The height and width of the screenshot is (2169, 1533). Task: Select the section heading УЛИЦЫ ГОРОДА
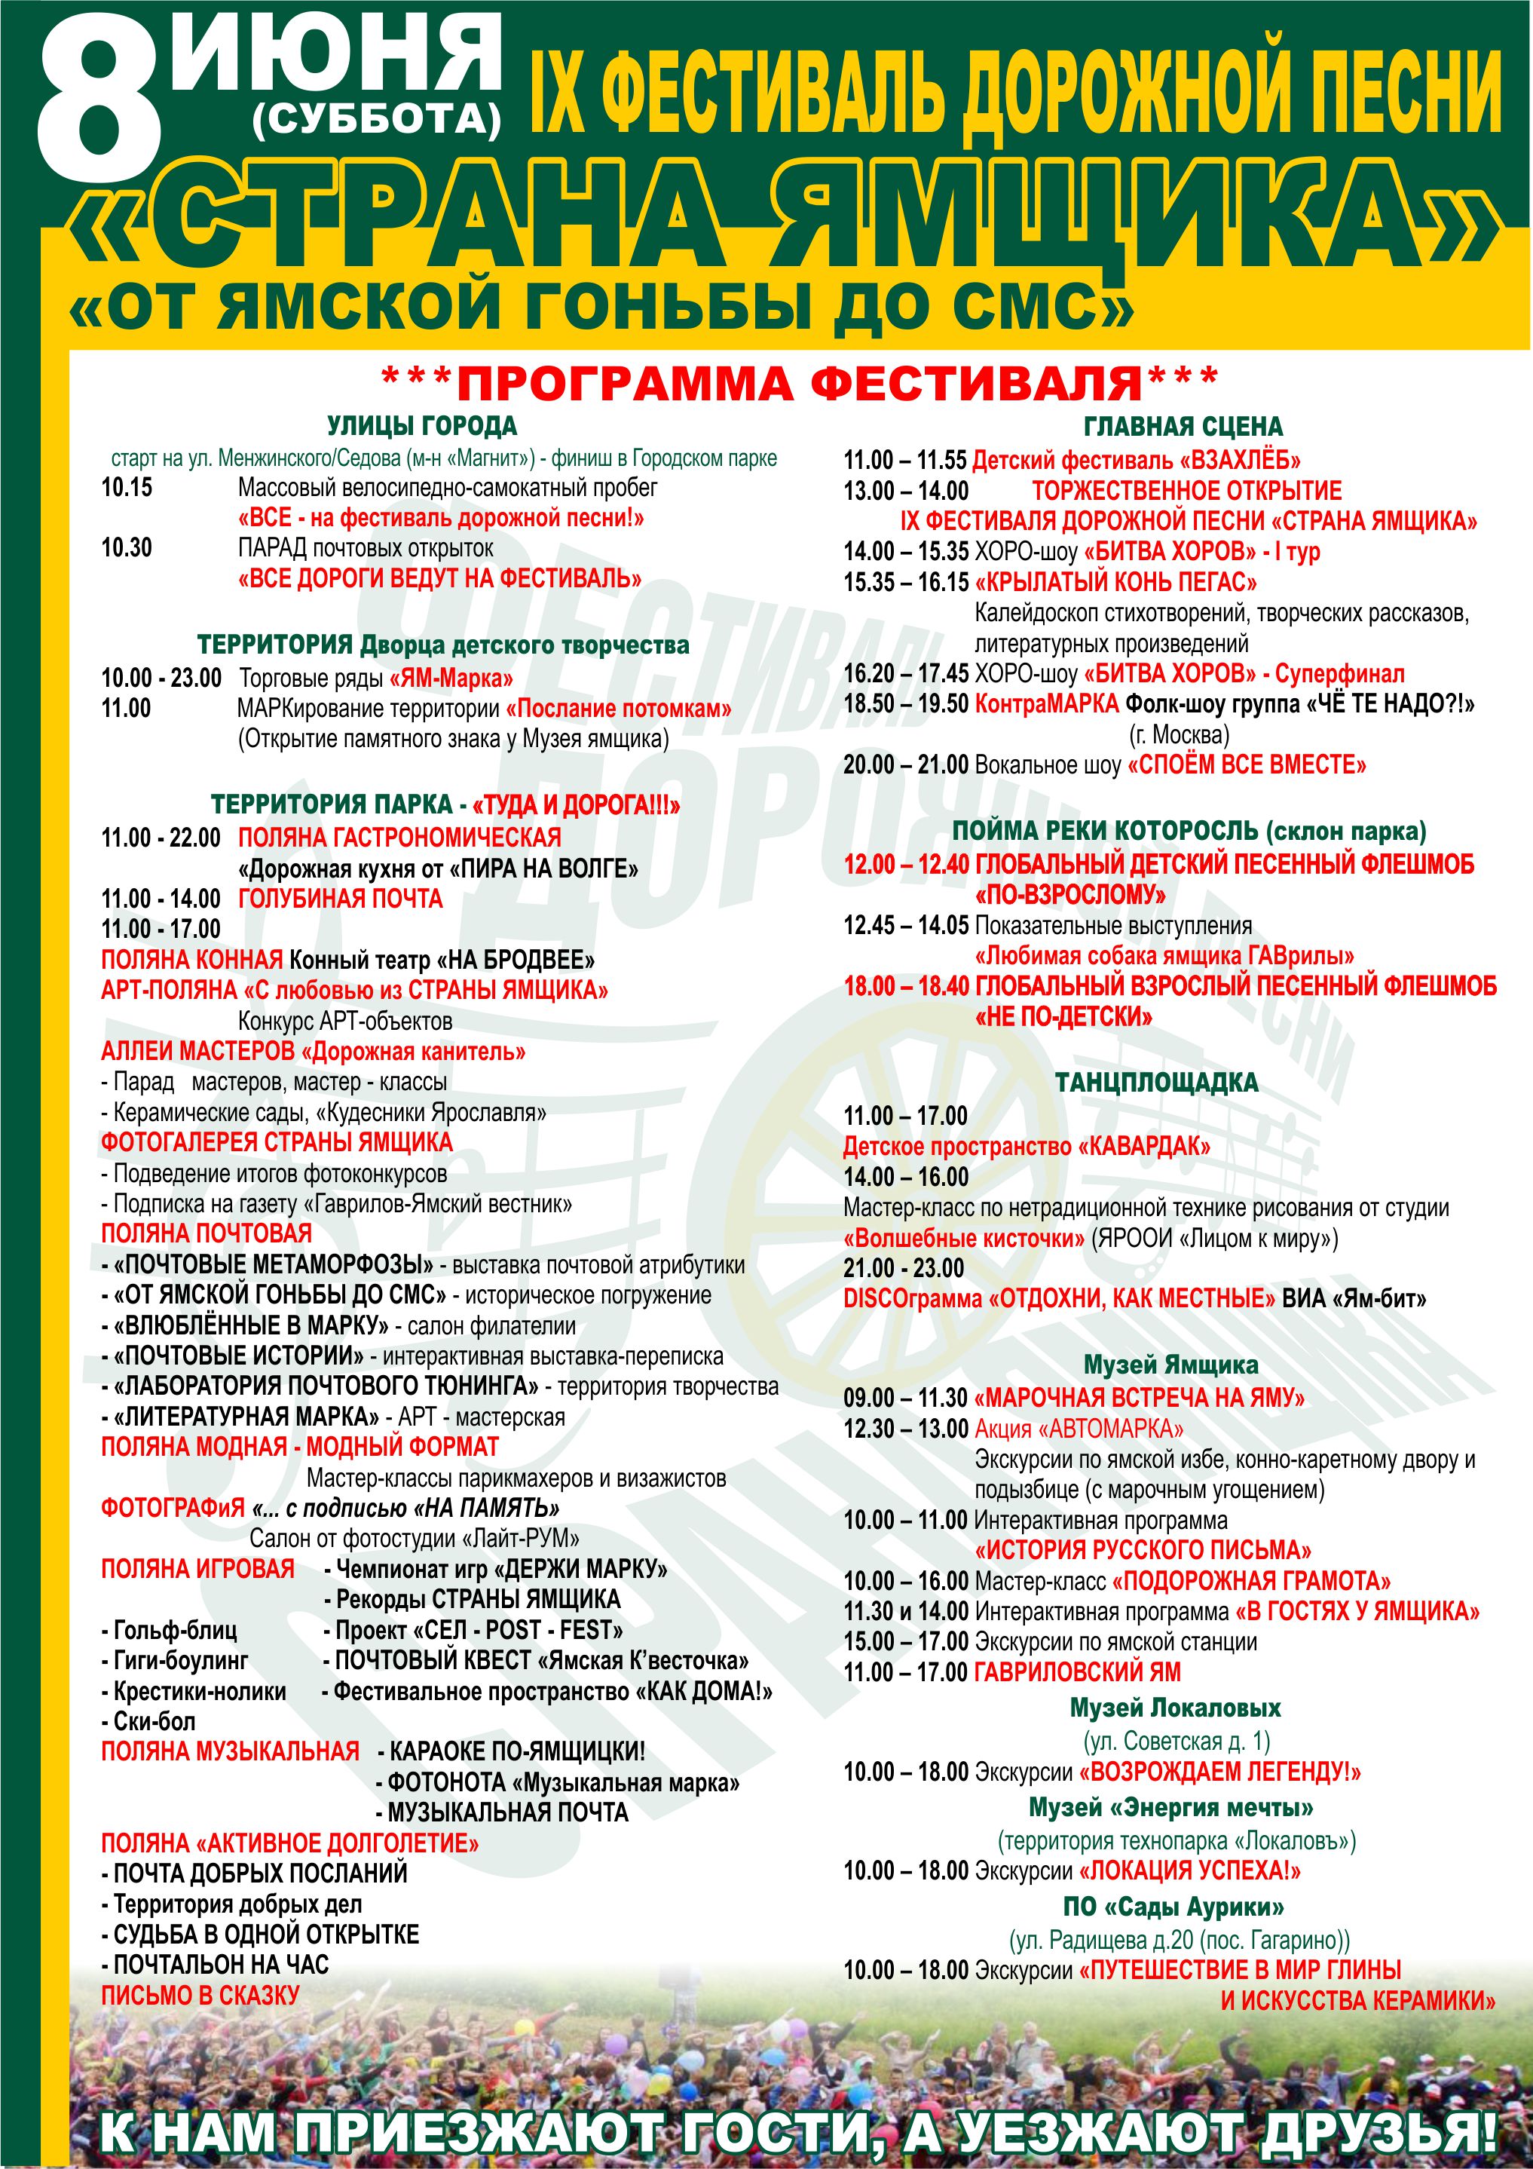pos(421,426)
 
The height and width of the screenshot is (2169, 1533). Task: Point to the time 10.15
pos(127,489)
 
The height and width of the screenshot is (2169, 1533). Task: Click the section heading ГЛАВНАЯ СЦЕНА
pos(1183,427)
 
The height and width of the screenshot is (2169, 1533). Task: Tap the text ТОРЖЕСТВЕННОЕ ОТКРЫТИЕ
pos(1186,492)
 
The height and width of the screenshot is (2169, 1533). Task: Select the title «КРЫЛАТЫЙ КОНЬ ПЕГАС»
pos(1116,582)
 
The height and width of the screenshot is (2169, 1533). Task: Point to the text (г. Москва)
pos(1179,734)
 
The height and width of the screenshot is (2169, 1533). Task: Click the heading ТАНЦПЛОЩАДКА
pos(1156,1083)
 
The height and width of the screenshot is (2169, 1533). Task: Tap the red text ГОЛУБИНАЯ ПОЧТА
pos(340,899)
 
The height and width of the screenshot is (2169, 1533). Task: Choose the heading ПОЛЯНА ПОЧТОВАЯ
pos(206,1233)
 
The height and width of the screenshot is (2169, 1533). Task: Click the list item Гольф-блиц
pos(170,1631)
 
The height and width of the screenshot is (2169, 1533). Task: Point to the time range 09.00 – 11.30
pos(906,1399)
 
